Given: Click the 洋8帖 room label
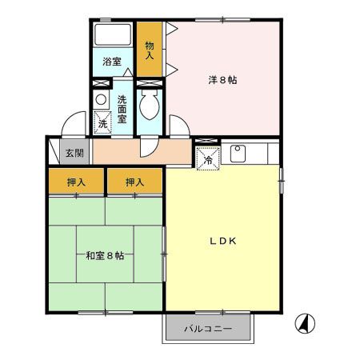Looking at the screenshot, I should click(x=222, y=79).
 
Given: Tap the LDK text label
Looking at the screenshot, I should click(x=223, y=241).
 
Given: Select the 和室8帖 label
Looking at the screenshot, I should click(x=104, y=256).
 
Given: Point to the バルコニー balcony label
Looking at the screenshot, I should click(x=209, y=329).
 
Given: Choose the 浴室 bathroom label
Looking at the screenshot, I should click(x=111, y=62).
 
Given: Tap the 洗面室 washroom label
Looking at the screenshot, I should click(x=122, y=109).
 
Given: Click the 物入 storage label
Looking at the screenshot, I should click(x=149, y=51).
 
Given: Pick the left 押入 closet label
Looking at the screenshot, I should click(x=74, y=183).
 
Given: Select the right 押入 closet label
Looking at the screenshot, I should click(x=134, y=183).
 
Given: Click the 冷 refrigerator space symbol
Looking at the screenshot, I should click(x=207, y=158).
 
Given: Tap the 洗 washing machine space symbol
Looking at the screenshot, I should click(x=102, y=122).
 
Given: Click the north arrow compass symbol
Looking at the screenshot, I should click(x=306, y=322).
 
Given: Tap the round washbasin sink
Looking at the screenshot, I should click(x=101, y=99).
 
